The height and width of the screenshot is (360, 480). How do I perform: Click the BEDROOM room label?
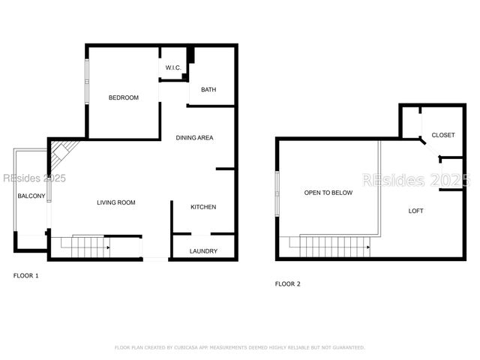(x=124, y=97)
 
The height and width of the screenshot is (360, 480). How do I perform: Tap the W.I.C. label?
(x=173, y=68)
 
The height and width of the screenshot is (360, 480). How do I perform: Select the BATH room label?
(x=208, y=90)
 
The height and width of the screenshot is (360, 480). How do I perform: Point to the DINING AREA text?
(x=195, y=138)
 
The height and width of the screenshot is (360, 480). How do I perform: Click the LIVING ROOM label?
(x=116, y=202)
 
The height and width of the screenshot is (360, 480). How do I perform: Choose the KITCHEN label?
(x=203, y=207)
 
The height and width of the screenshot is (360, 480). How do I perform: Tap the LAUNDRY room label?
(x=203, y=251)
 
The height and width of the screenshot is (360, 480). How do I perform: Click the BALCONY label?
(x=31, y=196)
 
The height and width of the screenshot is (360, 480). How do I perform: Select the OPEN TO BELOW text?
(x=328, y=193)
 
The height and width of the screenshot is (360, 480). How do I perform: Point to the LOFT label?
(x=415, y=211)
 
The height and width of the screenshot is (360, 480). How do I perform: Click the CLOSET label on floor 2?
(x=442, y=135)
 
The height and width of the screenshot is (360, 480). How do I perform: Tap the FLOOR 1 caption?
(x=25, y=276)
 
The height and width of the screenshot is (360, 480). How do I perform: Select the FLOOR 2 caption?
(x=287, y=283)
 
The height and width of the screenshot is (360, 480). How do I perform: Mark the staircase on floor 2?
(x=334, y=244)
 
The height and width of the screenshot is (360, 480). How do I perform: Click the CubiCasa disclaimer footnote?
(x=239, y=347)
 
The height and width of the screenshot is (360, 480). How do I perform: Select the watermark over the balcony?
(x=34, y=178)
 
